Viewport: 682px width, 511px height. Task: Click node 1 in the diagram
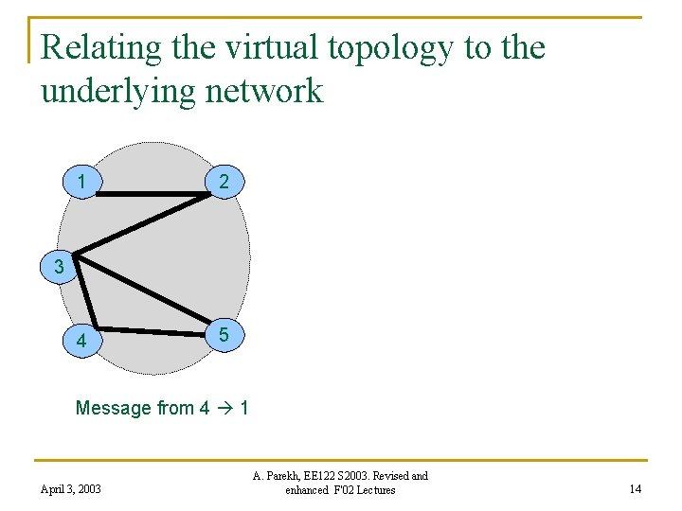click(83, 181)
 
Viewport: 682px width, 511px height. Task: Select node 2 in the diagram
click(224, 181)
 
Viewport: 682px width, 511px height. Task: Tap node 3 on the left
click(60, 267)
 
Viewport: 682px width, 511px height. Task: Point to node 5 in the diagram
click(224, 334)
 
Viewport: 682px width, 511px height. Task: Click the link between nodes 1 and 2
click(152, 195)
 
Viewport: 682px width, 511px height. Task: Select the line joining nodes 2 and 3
click(142, 223)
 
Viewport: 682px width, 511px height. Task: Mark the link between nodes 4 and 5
click(152, 331)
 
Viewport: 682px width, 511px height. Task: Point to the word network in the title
click(269, 91)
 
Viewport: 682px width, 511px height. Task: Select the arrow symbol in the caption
click(225, 409)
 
